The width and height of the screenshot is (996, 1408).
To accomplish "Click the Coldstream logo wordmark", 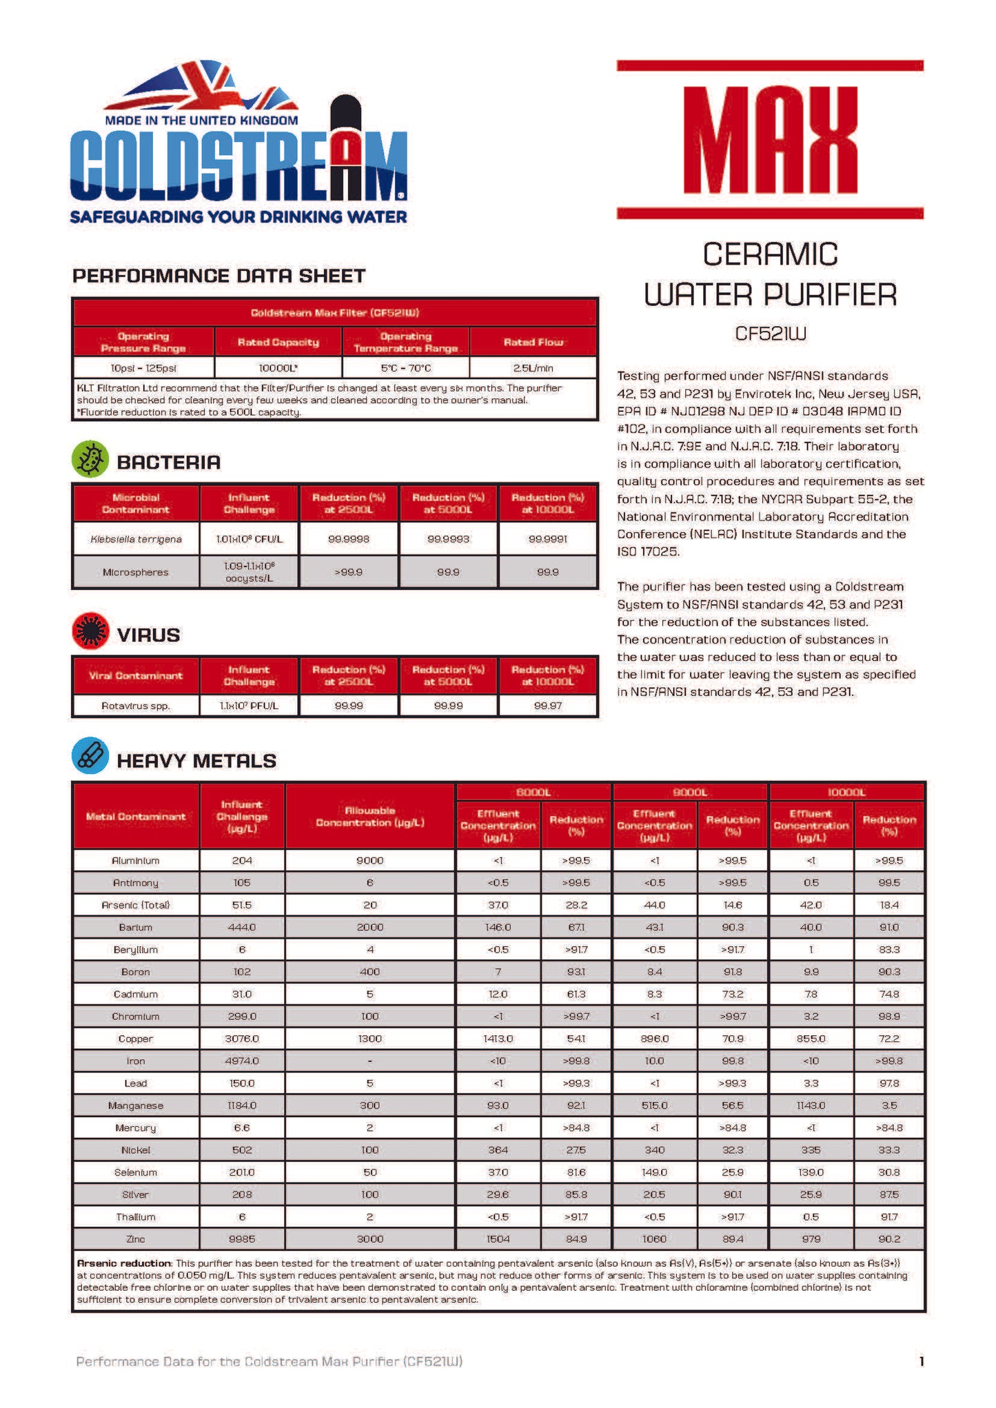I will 238,163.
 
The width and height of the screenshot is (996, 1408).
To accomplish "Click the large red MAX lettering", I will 770,141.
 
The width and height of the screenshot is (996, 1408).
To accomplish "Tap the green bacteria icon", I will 90,460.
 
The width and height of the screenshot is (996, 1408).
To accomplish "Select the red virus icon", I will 90,631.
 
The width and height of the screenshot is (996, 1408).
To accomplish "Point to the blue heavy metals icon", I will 90,756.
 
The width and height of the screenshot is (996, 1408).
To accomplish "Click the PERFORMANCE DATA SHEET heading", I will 219,276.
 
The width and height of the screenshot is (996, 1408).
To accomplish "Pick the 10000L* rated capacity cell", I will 278,368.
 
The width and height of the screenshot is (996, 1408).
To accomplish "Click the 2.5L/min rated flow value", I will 533,368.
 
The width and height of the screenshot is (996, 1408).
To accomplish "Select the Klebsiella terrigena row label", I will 136,539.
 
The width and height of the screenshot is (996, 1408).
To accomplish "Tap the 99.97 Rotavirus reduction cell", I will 547,706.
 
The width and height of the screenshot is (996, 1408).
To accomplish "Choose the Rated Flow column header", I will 533,342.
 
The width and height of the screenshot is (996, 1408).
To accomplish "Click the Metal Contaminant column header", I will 136,817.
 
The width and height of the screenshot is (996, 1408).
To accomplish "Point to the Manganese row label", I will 136,1105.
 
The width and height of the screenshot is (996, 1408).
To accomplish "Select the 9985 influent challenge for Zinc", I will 242,1239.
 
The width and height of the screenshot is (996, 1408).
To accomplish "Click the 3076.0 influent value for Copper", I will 242,1039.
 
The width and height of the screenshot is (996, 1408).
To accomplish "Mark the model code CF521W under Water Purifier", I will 770,334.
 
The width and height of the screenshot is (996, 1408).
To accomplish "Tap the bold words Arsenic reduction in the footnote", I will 123,1263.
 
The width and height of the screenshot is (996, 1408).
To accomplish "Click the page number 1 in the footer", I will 921,1361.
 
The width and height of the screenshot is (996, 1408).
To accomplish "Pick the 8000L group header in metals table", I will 533,793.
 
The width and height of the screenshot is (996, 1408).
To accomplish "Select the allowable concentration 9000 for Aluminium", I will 370,861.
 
